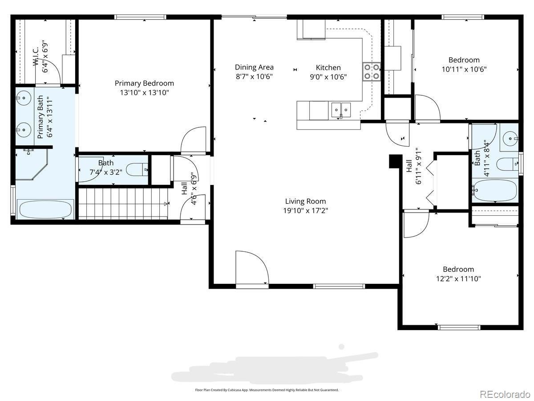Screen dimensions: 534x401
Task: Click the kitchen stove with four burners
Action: tap(372, 72)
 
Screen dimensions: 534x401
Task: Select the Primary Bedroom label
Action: tap(144, 83)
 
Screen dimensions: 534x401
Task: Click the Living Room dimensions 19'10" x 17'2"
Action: tap(305, 210)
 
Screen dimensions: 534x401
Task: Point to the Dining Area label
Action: tap(254, 67)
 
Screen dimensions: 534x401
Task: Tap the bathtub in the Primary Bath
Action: tap(45, 209)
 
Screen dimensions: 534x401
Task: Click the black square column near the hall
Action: tap(395, 161)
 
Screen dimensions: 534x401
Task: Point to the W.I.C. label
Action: tap(36, 57)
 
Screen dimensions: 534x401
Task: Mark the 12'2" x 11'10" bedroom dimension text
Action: tap(458, 278)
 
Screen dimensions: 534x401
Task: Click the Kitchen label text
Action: tap(328, 67)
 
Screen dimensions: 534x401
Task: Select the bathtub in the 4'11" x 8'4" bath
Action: tap(495, 191)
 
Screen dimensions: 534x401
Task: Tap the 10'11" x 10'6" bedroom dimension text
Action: tap(464, 70)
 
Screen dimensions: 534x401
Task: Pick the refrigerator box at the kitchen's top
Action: tap(311, 29)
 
